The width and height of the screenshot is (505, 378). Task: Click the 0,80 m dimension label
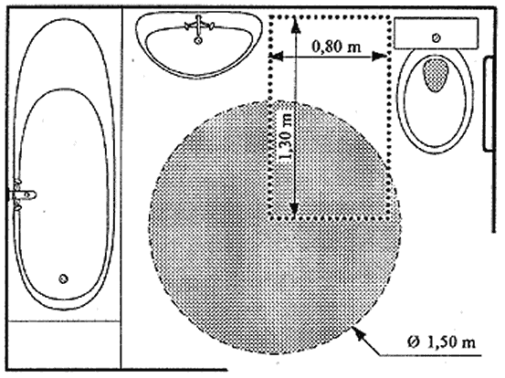click(x=336, y=47)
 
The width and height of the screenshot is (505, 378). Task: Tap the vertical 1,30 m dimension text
click(x=286, y=136)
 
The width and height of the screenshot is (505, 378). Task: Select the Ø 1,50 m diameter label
click(x=441, y=342)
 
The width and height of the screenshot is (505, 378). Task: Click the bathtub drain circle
click(x=63, y=278)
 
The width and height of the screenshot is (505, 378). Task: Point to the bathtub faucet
click(x=22, y=194)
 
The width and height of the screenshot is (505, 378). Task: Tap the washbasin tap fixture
click(x=199, y=26)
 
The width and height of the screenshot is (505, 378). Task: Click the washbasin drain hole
click(x=198, y=40)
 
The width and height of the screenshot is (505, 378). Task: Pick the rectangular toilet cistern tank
click(x=437, y=34)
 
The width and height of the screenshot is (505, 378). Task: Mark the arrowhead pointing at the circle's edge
click(x=359, y=333)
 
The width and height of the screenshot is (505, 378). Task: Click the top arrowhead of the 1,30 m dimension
click(x=296, y=26)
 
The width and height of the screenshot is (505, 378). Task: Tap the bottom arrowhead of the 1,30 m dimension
click(x=293, y=210)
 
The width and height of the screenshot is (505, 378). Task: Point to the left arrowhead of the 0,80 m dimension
click(x=278, y=57)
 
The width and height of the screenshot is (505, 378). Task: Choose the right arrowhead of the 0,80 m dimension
click(x=379, y=57)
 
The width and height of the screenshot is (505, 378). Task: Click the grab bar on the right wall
click(x=489, y=104)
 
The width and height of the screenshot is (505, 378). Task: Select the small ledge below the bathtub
click(x=65, y=345)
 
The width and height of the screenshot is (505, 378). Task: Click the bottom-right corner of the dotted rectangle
click(x=389, y=218)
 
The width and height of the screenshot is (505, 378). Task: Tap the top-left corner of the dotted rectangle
click(x=270, y=17)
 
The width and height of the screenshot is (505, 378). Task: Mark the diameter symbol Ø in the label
click(x=413, y=342)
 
